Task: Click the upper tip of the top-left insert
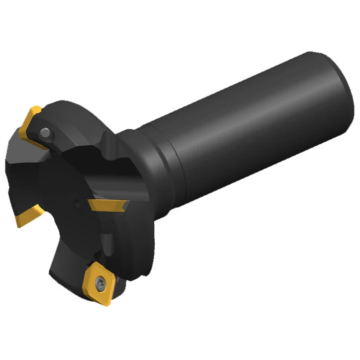point(36,108)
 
